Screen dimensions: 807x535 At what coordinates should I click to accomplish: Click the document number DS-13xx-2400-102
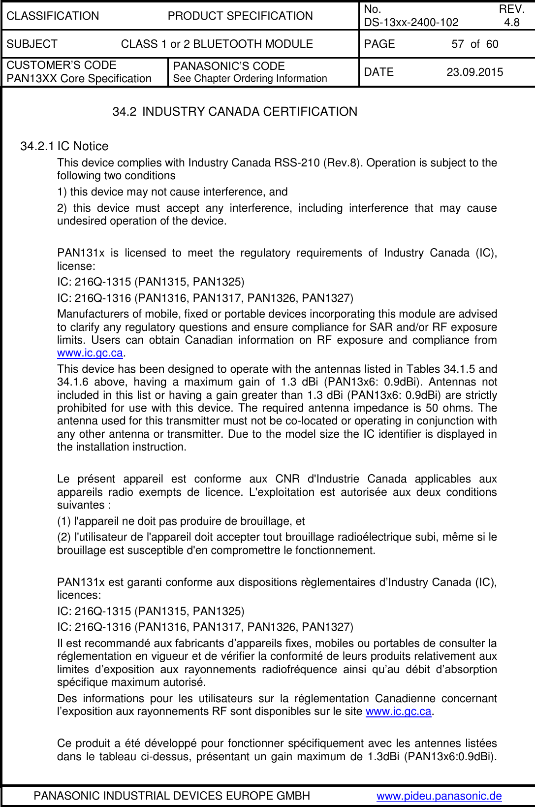click(411, 22)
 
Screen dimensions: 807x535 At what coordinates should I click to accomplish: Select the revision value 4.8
click(512, 22)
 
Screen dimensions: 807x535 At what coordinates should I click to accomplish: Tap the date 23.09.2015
click(474, 72)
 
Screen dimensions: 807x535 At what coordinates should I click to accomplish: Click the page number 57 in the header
click(457, 44)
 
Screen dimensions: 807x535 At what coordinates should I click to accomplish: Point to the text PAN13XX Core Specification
click(79, 78)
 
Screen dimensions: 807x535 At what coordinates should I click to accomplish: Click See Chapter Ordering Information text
click(250, 78)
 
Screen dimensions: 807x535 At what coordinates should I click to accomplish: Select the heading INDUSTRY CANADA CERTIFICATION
click(250, 112)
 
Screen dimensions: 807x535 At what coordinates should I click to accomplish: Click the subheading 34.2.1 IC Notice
click(64, 146)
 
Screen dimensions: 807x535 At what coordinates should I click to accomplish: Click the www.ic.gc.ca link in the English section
click(90, 353)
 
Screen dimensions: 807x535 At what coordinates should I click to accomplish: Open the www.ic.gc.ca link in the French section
click(398, 711)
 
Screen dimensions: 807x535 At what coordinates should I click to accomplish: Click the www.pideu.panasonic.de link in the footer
click(439, 796)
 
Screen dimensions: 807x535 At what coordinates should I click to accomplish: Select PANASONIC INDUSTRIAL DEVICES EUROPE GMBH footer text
click(172, 796)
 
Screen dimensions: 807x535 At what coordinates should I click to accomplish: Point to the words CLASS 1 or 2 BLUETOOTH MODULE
click(217, 44)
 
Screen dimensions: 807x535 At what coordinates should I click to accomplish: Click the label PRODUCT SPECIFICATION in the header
click(240, 16)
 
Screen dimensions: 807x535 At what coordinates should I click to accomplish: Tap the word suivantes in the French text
click(81, 505)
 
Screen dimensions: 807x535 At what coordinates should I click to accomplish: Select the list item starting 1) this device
click(172, 192)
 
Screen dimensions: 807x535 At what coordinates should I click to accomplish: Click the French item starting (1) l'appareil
click(181, 521)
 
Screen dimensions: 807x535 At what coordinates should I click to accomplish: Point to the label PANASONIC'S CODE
click(229, 66)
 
